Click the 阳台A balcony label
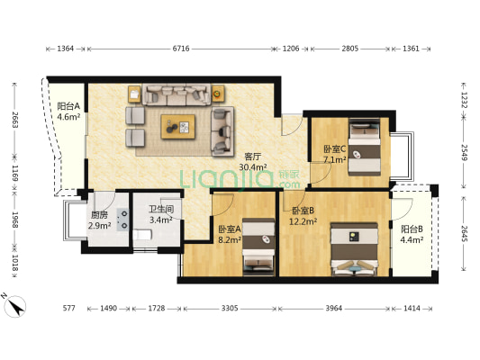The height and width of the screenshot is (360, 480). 68,106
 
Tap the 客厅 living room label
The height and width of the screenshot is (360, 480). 252,157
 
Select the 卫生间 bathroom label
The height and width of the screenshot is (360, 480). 161,209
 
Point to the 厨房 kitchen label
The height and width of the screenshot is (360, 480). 99,215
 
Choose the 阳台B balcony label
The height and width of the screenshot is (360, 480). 412,229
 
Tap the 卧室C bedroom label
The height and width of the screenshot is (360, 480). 335,149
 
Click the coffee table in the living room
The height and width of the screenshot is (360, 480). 178,127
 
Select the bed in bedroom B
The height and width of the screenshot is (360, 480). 354,249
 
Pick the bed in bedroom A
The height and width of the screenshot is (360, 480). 258,247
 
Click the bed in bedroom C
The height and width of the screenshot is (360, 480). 365,147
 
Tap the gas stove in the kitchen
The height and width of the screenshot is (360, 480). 123,220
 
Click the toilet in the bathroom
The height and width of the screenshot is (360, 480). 142,235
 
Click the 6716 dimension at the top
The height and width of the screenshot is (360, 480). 181,49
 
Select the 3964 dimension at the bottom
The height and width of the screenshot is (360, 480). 334,309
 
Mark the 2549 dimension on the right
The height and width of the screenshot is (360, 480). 465,152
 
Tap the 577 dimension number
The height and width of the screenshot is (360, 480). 68,309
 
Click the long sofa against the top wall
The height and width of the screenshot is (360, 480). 176,94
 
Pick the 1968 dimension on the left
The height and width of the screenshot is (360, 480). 15,220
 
